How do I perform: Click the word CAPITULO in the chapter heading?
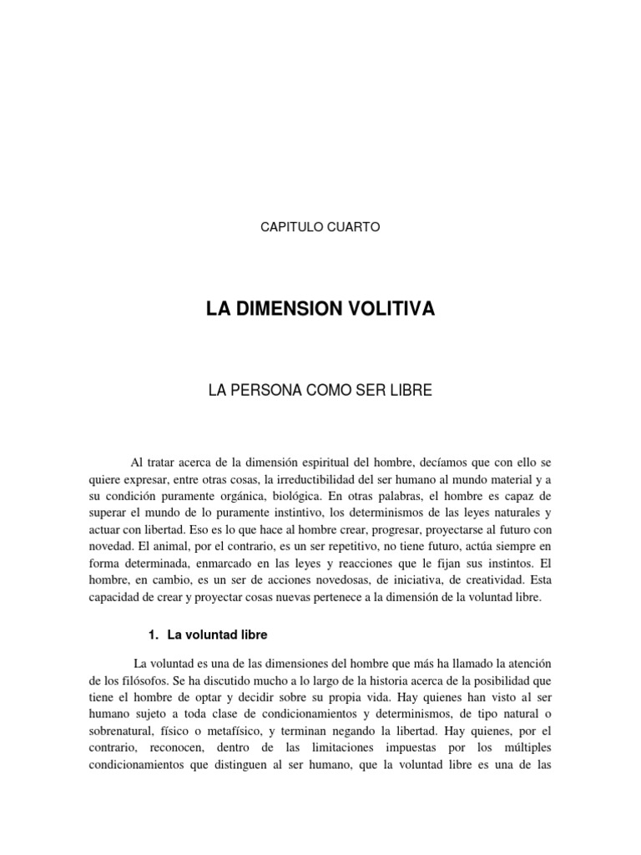[x=291, y=227]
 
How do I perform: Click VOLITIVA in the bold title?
[x=394, y=310]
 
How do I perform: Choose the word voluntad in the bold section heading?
[x=210, y=635]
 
